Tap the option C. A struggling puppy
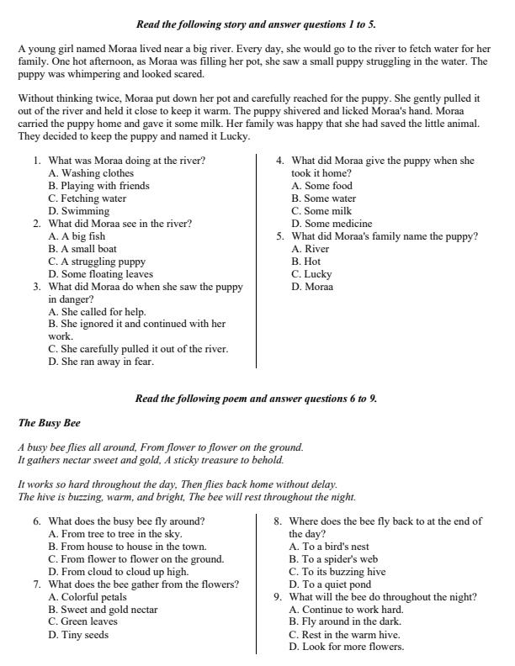[x=97, y=262]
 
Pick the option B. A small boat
[x=82, y=249]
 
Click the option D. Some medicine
[x=332, y=224]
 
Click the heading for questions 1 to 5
[x=256, y=25]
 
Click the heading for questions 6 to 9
[x=256, y=399]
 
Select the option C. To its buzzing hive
[x=337, y=572]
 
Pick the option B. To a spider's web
[x=333, y=559]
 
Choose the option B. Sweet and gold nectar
[x=103, y=610]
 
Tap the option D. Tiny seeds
[x=78, y=635]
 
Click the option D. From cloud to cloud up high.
[x=118, y=572]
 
